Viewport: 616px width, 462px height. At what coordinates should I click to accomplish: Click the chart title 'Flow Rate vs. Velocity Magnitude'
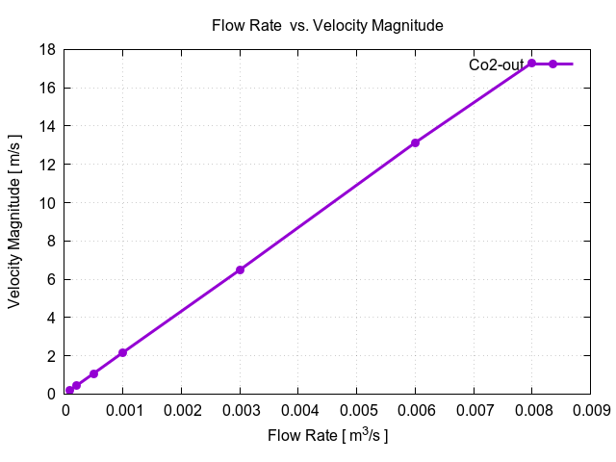[x=327, y=26]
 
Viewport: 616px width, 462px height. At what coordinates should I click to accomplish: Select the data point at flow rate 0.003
[x=240, y=269]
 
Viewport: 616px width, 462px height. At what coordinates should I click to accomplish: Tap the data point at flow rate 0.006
[x=415, y=142]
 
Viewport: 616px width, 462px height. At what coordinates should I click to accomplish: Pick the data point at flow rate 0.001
[x=122, y=352]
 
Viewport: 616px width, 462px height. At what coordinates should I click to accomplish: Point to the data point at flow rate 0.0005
[x=93, y=373]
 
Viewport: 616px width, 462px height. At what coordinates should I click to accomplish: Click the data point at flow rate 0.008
[x=531, y=64]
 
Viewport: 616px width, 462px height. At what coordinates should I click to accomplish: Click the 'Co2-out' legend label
[x=496, y=65]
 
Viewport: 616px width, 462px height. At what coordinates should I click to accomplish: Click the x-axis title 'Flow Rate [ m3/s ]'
[x=327, y=436]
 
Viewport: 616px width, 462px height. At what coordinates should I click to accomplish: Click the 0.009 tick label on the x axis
[x=590, y=410]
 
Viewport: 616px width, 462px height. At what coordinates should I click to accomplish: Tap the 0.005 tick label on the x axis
[x=356, y=410]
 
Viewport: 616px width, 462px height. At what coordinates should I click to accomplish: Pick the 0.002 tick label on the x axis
[x=181, y=410]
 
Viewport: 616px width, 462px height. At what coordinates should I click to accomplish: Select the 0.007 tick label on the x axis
[x=474, y=410]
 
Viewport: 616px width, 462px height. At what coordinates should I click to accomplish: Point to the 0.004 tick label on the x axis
[x=298, y=410]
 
